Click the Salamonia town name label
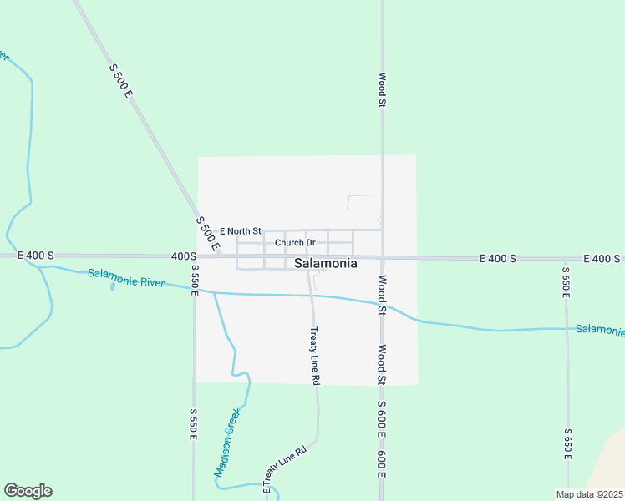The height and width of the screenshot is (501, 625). click(x=326, y=263)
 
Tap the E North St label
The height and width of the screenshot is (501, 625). click(x=241, y=231)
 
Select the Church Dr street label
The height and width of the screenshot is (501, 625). click(x=295, y=244)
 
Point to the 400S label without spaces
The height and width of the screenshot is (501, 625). click(x=183, y=256)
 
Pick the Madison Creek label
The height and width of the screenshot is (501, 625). click(x=227, y=442)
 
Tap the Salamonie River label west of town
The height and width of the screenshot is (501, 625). click(x=126, y=277)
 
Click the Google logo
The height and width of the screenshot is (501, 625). click(x=28, y=491)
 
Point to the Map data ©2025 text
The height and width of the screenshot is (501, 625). click(x=590, y=494)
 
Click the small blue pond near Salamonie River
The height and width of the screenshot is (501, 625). click(x=112, y=286)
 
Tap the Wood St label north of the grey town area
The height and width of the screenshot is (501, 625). click(x=382, y=89)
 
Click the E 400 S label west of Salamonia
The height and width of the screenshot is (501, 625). click(x=35, y=256)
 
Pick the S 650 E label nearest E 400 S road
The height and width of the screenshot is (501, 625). click(x=566, y=283)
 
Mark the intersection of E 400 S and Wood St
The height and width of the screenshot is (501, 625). click(x=382, y=257)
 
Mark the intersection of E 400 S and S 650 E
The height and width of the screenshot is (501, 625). click(x=566, y=259)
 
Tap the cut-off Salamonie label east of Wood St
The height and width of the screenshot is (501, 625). click(x=599, y=331)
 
